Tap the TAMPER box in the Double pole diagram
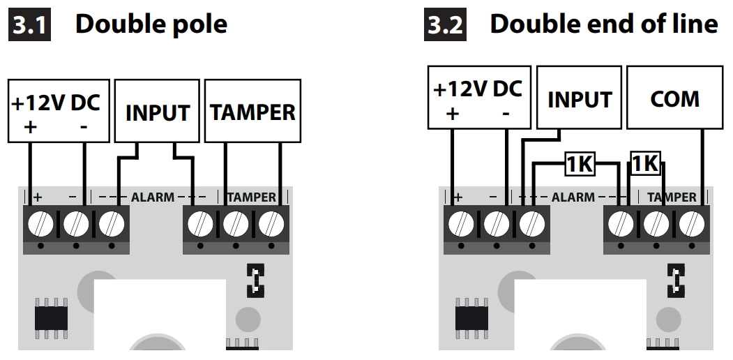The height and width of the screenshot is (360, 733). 253,112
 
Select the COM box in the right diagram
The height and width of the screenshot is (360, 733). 674,98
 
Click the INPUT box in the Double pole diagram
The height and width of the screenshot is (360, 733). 158,112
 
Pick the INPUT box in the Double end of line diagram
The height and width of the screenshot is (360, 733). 580,98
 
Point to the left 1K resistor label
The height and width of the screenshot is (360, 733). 579,165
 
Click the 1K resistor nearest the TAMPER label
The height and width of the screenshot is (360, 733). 644,163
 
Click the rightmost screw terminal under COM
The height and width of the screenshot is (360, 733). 692,225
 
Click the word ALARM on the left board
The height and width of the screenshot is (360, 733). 153,197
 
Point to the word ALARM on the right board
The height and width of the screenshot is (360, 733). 573,197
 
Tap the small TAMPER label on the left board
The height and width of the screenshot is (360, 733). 252,197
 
